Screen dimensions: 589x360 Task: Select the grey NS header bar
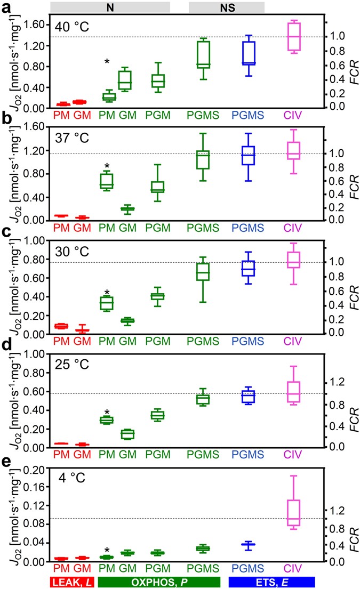coord(227,7)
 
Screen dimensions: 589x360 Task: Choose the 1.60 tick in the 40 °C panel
coord(36,25)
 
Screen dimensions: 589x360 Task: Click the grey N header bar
coord(110,7)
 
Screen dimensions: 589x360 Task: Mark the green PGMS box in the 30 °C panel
coord(203,271)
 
